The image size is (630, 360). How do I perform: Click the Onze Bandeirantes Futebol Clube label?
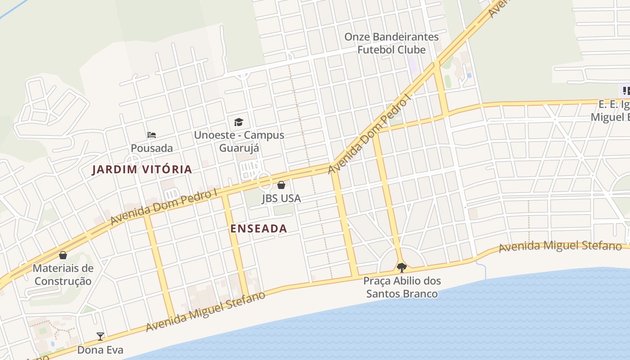[391, 43]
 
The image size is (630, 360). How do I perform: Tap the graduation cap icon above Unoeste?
[238, 122]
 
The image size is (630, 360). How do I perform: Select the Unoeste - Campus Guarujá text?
[239, 141]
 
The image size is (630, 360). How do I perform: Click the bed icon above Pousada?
[152, 135]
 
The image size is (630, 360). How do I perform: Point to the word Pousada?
[152, 148]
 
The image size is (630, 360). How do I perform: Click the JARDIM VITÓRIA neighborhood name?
[142, 170]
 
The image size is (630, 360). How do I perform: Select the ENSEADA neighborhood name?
[259, 229]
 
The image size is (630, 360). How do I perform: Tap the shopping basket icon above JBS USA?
[281, 185]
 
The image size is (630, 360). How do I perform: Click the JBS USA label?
[281, 198]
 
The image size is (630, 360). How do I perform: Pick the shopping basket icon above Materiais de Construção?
[63, 255]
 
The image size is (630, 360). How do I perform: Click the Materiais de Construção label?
[63, 275]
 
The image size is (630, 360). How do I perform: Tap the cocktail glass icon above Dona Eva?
[100, 336]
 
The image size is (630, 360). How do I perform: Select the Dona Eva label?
[100, 350]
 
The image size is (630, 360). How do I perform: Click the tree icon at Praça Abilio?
[402, 268]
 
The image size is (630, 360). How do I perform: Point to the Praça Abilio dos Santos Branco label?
[402, 288]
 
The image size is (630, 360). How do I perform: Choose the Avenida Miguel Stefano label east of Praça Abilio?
[560, 246]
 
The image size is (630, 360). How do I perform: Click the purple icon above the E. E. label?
[626, 91]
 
